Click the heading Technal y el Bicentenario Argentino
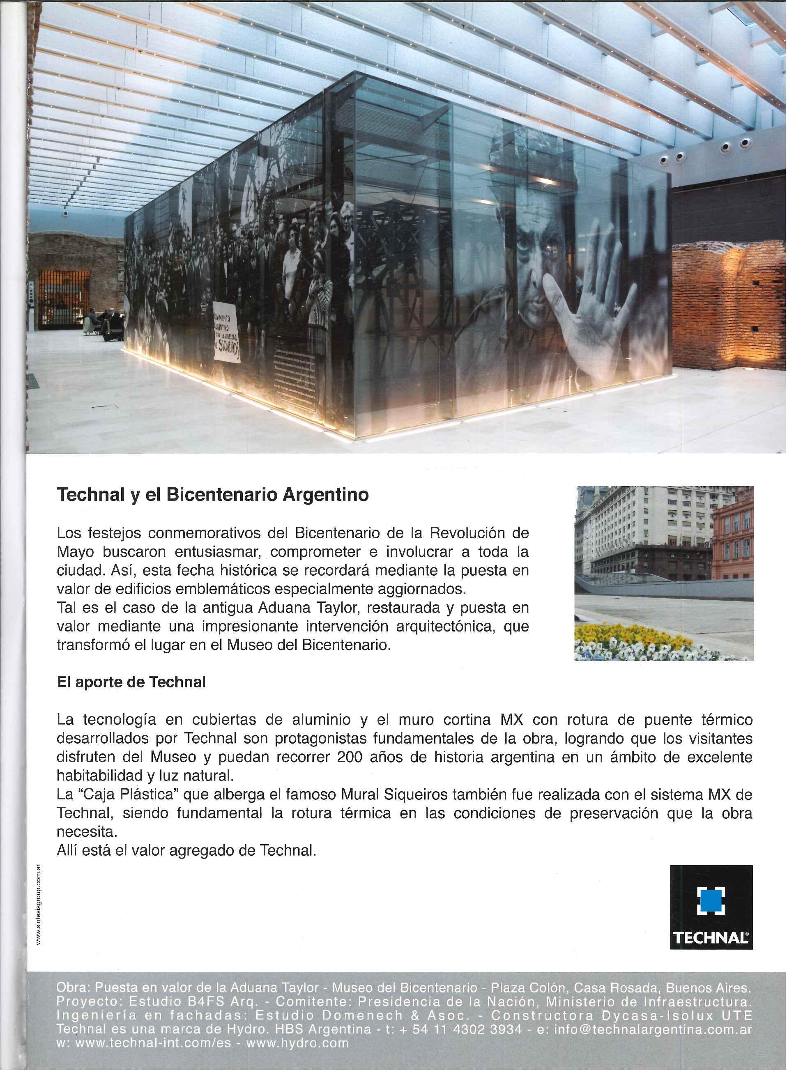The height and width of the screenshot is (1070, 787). click(212, 495)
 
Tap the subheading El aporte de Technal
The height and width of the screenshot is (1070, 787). click(131, 682)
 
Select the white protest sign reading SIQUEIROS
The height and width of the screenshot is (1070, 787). click(227, 331)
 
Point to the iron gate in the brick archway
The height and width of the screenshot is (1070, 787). click(63, 300)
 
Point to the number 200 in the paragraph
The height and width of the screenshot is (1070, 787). click(350, 757)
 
